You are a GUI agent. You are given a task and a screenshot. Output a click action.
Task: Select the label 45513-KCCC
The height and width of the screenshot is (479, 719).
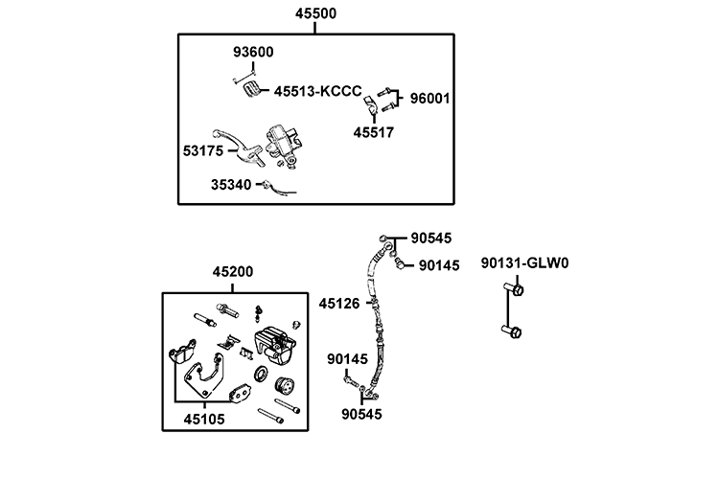pyautogui.click(x=317, y=92)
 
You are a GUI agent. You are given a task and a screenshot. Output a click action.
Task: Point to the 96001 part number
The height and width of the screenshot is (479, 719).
pyautogui.click(x=431, y=98)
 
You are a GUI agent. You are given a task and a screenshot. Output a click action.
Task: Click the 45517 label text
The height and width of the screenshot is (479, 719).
pyautogui.click(x=373, y=132)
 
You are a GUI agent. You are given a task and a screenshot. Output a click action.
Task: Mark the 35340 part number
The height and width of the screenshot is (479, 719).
pyautogui.click(x=233, y=185)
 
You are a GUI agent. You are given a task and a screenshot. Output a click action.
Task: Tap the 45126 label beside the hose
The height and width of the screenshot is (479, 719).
pyautogui.click(x=339, y=304)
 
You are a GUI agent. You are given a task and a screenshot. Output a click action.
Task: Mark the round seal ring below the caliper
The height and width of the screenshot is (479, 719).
pyautogui.click(x=261, y=374)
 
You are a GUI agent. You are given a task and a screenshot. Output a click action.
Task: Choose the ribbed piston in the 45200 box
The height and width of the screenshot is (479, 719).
pyautogui.click(x=285, y=389)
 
